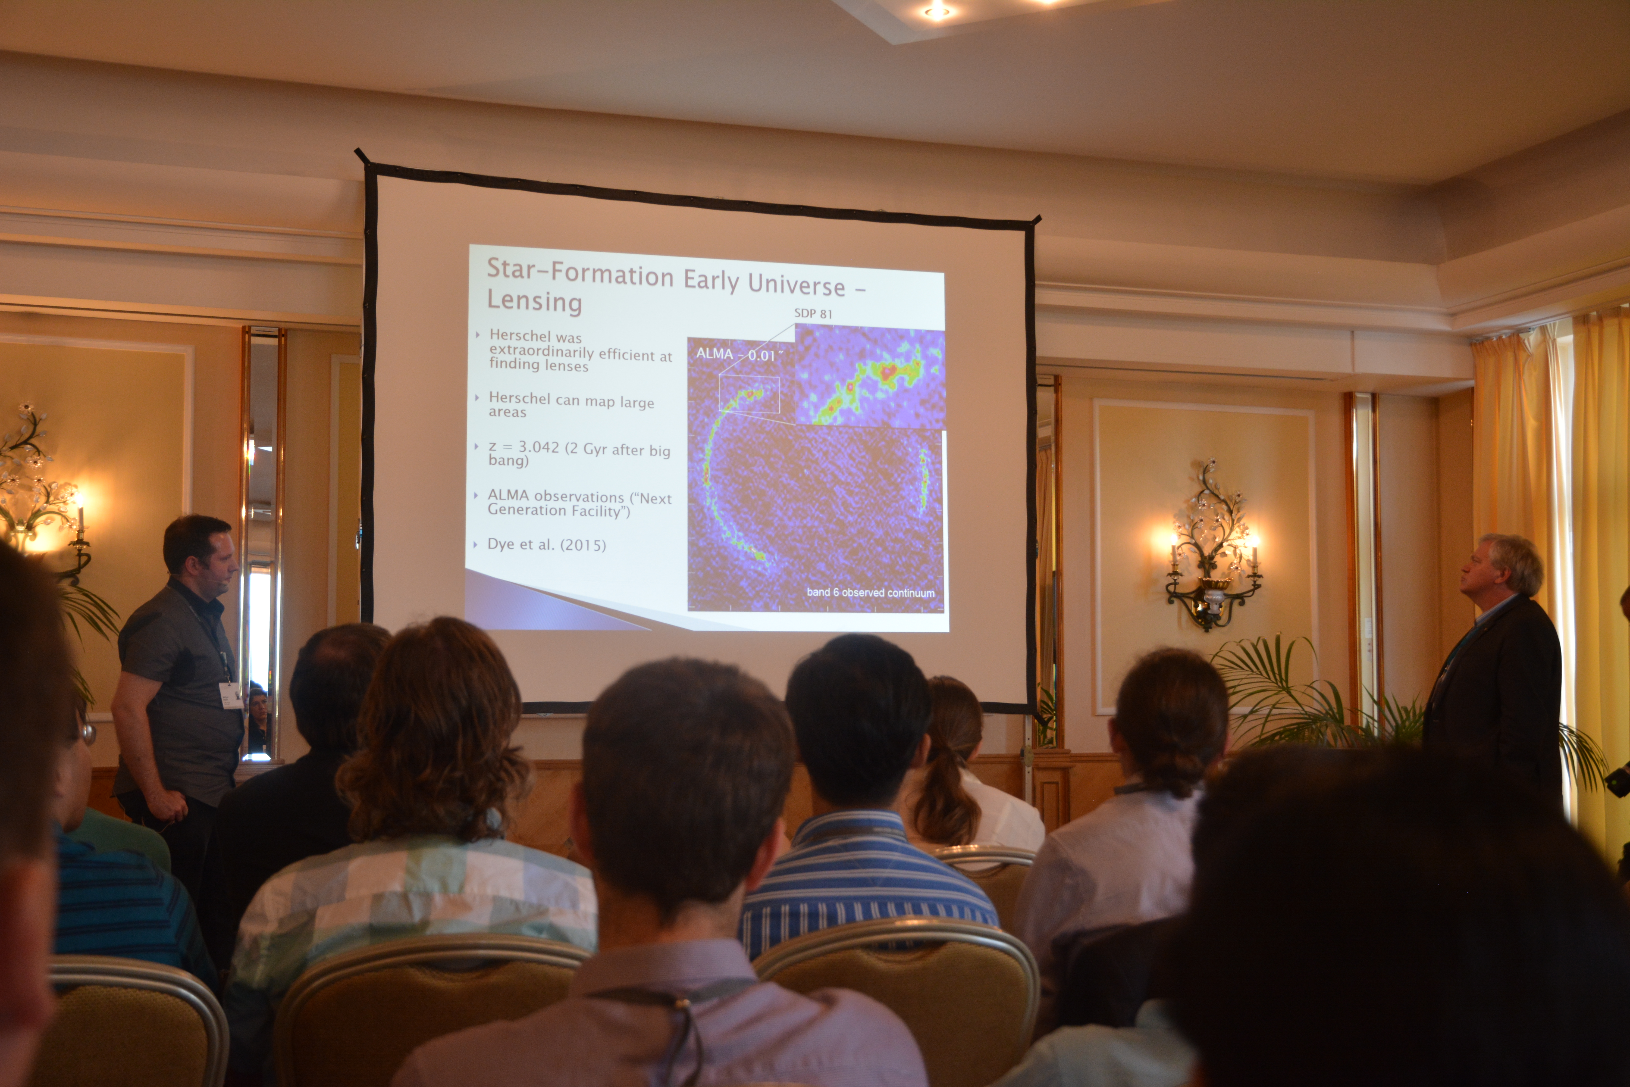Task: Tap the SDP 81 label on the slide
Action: click(x=813, y=313)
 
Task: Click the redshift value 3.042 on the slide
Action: click(x=538, y=447)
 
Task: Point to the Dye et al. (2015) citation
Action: click(x=547, y=544)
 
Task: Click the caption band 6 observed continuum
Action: click(x=870, y=593)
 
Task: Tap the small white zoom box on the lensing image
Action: click(x=749, y=395)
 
